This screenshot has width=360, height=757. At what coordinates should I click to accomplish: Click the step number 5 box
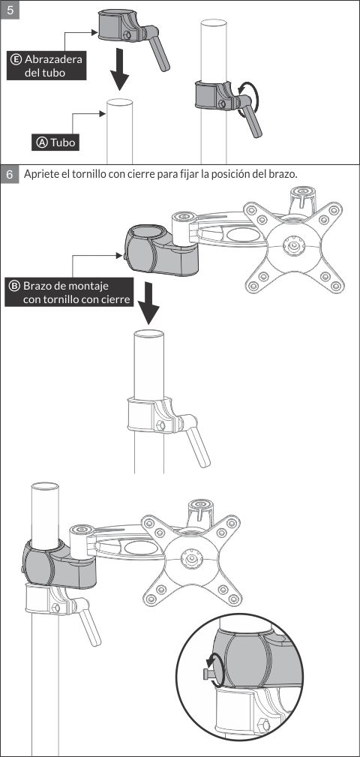coord(10,10)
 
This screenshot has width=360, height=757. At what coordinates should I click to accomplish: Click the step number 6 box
coord(10,174)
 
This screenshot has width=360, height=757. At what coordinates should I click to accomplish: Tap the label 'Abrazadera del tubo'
coord(46,66)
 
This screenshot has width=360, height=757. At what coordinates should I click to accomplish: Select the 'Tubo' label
coord(55,143)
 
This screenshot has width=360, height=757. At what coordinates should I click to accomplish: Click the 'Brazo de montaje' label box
coord(69,292)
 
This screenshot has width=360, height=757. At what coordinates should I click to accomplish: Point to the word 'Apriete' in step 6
coord(40,174)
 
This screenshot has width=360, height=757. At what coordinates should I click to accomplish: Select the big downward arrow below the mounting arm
coord(148,303)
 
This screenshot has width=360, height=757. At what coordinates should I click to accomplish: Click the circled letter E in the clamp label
coord(16,59)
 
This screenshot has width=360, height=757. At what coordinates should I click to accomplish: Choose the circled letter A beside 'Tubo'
coord(42,143)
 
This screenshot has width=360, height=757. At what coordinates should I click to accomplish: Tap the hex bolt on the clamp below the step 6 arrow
coord(160,425)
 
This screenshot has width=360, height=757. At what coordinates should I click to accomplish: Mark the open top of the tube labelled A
coord(120,103)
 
